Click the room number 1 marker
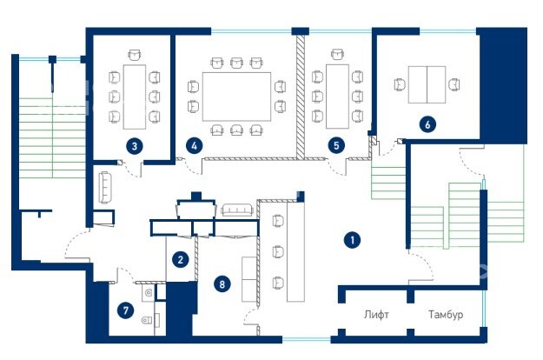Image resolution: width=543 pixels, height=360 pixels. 352,240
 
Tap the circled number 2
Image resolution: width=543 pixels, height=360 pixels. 181,259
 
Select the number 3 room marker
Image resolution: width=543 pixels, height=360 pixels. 135,146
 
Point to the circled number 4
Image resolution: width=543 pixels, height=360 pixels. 194,146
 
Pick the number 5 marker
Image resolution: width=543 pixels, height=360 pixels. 336,145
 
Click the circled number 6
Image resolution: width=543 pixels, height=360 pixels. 427,124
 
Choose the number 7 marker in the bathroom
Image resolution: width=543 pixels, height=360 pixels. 126,310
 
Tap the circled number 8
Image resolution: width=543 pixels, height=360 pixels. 222,284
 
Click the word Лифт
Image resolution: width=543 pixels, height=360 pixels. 376,315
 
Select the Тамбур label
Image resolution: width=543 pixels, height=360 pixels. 446,315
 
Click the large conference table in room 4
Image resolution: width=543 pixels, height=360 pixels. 236,97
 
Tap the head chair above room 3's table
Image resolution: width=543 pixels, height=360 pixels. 135,55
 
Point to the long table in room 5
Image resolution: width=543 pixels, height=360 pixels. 337,97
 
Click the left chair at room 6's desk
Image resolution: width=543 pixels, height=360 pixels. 401,84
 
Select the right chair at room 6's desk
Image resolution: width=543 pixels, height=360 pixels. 454,84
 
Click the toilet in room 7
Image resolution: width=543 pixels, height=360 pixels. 148,320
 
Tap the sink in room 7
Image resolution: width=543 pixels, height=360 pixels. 149,293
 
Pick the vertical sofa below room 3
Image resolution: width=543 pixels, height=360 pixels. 105,187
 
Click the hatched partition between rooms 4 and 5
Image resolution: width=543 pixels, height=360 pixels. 301,97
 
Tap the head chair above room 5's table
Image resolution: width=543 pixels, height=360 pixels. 337,54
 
